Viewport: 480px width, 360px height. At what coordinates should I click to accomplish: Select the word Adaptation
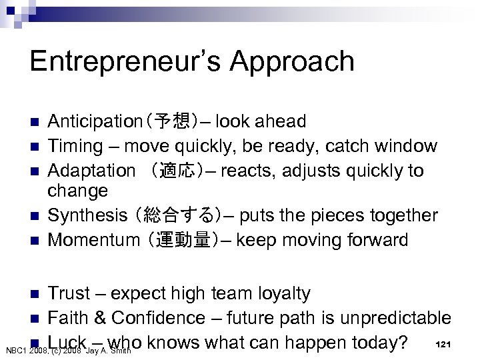[x=86, y=171]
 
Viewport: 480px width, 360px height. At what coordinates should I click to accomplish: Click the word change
[x=77, y=191]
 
